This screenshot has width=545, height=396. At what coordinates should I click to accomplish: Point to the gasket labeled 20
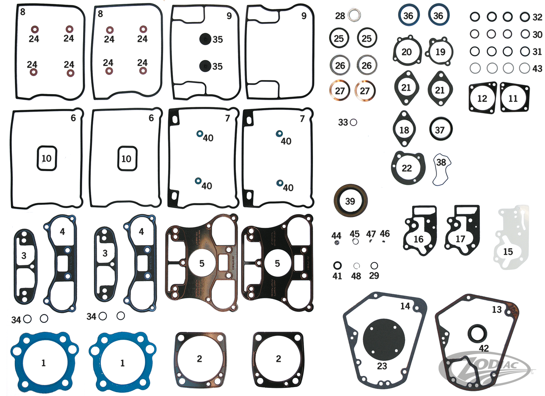click(x=407, y=52)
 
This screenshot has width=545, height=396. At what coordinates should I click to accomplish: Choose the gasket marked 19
click(x=440, y=52)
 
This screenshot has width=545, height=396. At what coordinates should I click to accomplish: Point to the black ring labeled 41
click(x=337, y=265)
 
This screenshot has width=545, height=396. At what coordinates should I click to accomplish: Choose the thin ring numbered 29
click(x=374, y=266)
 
